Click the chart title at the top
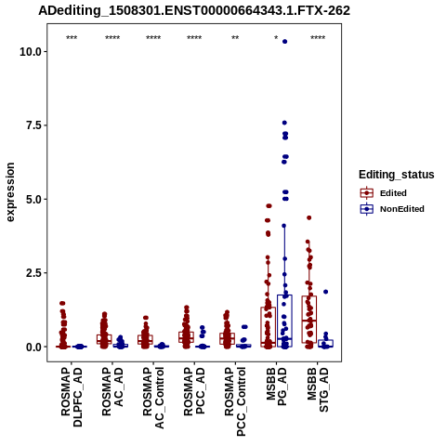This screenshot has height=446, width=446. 194,11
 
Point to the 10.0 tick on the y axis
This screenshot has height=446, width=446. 31,52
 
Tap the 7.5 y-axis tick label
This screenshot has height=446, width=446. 34,125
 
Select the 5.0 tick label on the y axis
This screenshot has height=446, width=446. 34,200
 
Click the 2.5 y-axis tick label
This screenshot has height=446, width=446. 34,273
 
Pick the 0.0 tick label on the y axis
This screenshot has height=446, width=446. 34,348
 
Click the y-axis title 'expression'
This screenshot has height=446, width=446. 10,192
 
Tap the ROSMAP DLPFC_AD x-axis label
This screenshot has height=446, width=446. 72,397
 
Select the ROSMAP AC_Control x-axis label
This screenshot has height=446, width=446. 153,398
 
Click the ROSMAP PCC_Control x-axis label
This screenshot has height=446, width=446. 235,401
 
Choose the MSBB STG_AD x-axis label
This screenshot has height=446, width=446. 318,389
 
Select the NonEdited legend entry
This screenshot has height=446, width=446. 392,209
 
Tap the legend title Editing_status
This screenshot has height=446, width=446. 397,175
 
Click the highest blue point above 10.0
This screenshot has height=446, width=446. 284,42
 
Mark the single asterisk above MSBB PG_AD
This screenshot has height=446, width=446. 276,38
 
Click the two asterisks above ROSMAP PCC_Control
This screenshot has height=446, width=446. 235,38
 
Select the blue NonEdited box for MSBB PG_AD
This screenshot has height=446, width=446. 284,321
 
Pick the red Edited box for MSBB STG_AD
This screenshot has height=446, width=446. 309,320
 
